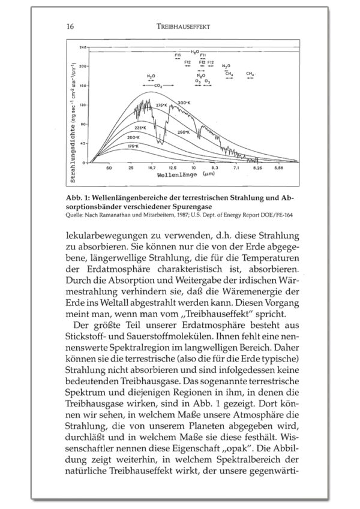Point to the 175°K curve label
pyautogui.click(x=133, y=146)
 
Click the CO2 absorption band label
pyautogui.click(x=158, y=86)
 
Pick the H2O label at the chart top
pyautogui.click(x=194, y=52)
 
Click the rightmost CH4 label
pyautogui.click(x=250, y=73)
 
